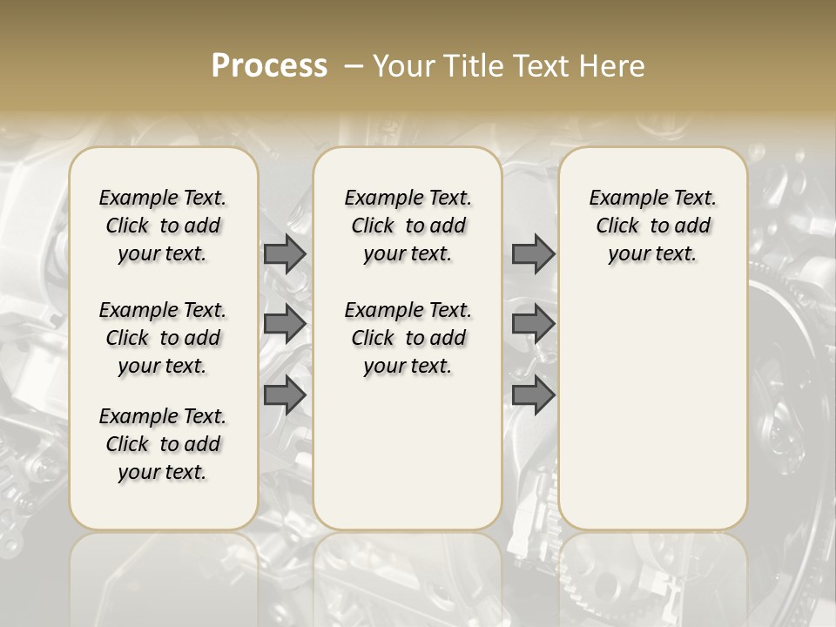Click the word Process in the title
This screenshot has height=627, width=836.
[x=269, y=66]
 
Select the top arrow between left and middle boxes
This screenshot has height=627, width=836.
[x=285, y=253]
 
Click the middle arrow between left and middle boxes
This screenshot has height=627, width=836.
[x=285, y=324]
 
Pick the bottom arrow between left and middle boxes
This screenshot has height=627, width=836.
[x=285, y=395]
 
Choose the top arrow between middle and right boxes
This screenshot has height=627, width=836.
[x=533, y=253]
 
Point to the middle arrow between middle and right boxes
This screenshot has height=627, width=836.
[x=533, y=324]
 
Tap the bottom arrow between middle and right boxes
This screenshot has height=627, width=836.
[x=533, y=395]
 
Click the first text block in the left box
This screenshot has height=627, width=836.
[x=163, y=226]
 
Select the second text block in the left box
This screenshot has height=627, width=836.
[x=163, y=338]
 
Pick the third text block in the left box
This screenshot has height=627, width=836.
[x=163, y=444]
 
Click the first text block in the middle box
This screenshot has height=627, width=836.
[x=408, y=226]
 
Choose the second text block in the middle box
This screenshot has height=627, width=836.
[x=408, y=338]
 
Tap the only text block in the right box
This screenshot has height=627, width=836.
[x=652, y=226]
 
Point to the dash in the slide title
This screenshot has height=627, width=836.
[x=354, y=66]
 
